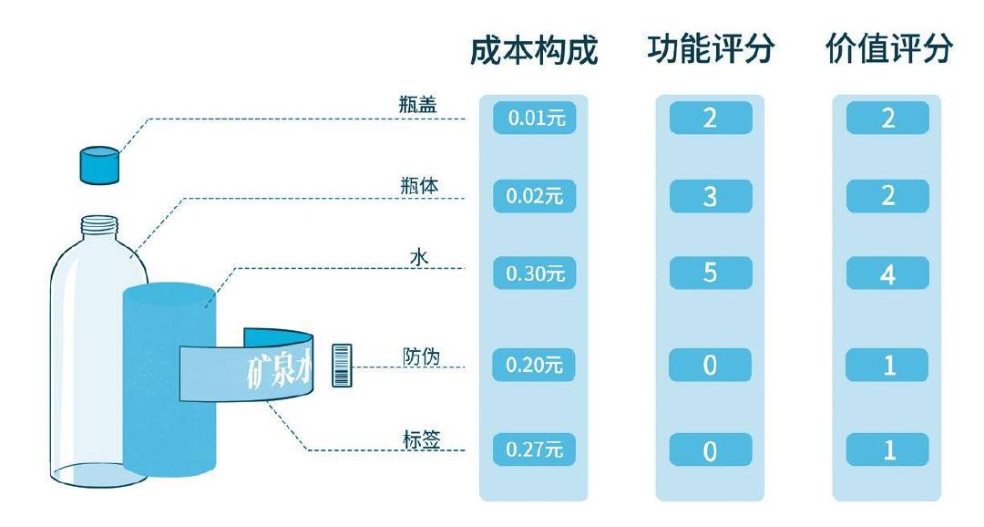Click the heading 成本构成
[x=534, y=50]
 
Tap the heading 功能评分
[x=711, y=49]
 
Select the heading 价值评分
[x=888, y=49]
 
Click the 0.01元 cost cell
[x=535, y=119]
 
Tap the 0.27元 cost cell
[x=535, y=449]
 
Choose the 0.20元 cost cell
[x=535, y=366]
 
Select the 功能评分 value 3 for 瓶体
[x=711, y=196]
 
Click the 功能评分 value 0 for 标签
[x=711, y=449]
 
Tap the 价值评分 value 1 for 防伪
[x=887, y=366]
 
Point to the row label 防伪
[x=421, y=356]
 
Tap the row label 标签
[x=421, y=439]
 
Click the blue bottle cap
[x=99, y=164]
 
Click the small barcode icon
[x=343, y=365]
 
